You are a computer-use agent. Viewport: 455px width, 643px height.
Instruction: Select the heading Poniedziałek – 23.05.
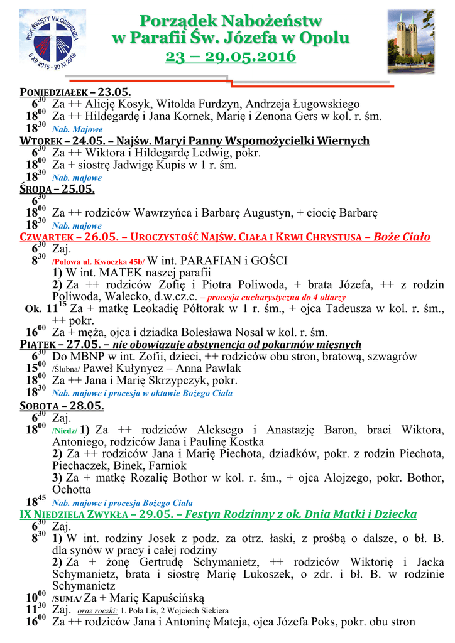pyautogui.click(x=62, y=92)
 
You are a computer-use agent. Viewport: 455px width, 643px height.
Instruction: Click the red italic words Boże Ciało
pyautogui.click(x=402, y=237)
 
